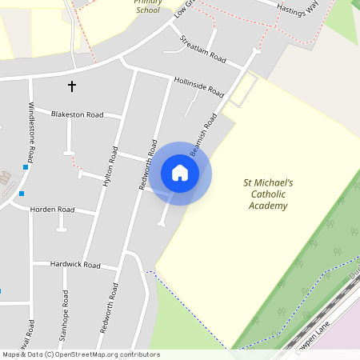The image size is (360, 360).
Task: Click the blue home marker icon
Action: pos(180,173)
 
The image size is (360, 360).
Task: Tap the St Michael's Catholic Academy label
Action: pos(268,194)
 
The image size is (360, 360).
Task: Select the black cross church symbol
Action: pos(72,85)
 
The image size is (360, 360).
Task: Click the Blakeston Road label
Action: pos(78,114)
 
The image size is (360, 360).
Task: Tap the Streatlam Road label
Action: pos(204,50)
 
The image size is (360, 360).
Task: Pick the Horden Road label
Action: pos(52,210)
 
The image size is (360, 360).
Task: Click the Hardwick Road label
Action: pos(75,264)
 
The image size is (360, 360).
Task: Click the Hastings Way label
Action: pos(297,8)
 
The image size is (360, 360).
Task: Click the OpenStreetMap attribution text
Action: pos(81,354)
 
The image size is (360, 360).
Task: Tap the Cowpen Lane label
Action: pos(314,339)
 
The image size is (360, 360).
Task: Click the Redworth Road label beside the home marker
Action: pos(148,164)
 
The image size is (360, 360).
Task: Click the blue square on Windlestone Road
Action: pos(26,167)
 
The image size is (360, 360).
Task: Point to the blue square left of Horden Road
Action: pos(22,194)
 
